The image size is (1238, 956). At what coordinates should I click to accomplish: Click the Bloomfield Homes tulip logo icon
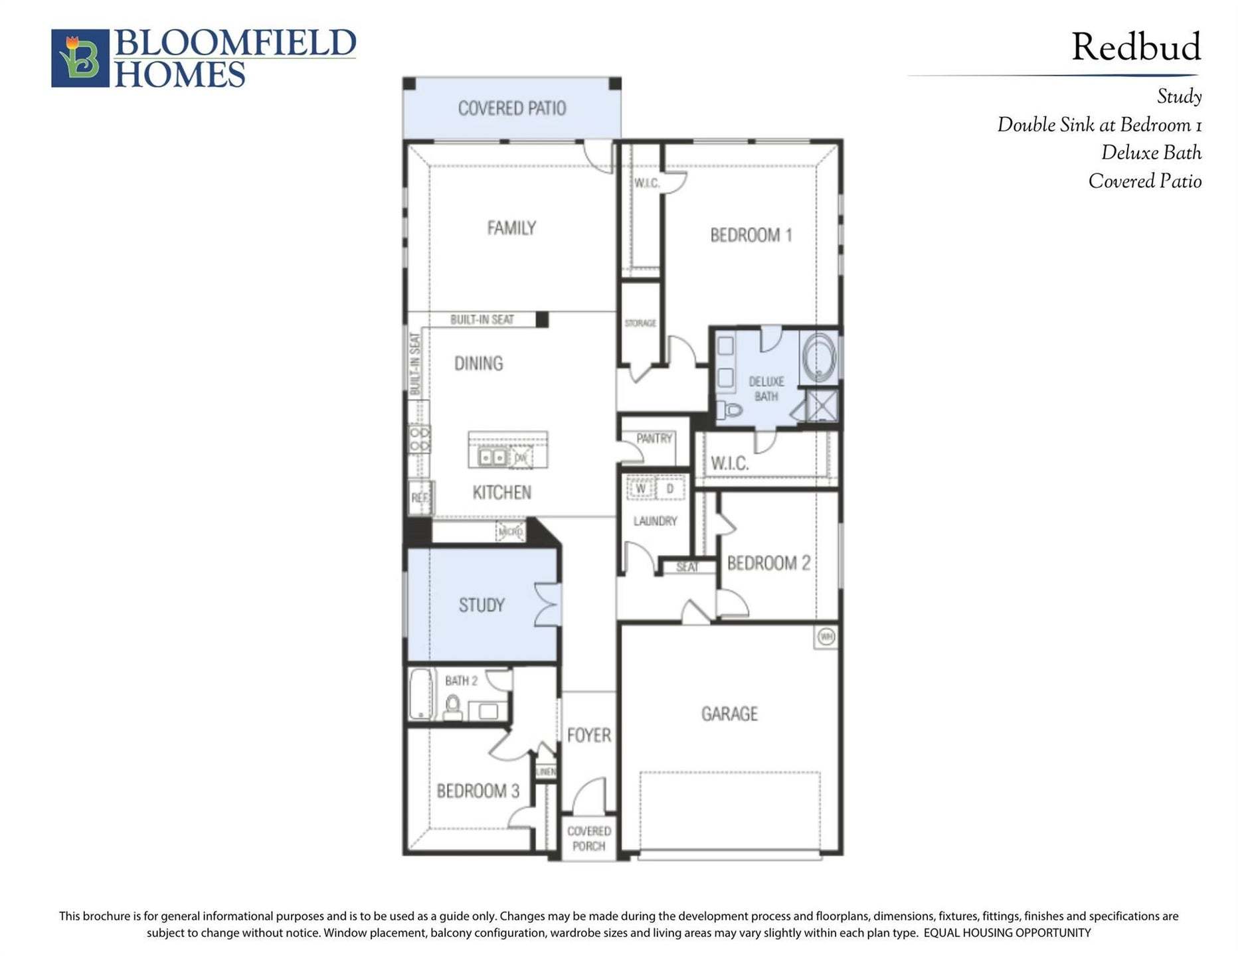point(80,58)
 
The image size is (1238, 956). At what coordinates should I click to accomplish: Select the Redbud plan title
point(1135,48)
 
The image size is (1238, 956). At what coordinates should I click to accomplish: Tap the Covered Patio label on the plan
point(511,108)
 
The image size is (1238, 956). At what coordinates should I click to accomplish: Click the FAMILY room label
point(511,228)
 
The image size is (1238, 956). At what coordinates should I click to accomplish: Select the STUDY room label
point(482,605)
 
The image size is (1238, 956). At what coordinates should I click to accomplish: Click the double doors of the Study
point(549,605)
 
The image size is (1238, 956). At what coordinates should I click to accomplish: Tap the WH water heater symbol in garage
point(826,637)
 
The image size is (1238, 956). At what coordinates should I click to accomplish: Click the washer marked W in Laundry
point(641,489)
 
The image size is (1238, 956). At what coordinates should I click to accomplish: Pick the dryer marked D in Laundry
point(669,489)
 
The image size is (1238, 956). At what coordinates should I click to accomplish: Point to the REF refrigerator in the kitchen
point(420,497)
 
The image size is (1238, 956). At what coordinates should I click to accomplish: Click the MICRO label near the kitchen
point(510,532)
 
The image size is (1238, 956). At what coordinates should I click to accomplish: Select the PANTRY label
point(654,438)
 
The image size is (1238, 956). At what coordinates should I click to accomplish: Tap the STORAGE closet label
point(640,323)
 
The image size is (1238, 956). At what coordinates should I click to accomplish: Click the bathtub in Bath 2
point(420,694)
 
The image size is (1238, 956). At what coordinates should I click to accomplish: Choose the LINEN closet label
point(546,771)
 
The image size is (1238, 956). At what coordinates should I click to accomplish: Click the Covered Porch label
point(588,838)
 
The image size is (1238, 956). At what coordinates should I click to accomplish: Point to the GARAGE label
point(729,714)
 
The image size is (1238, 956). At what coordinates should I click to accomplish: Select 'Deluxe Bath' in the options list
point(1150,153)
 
